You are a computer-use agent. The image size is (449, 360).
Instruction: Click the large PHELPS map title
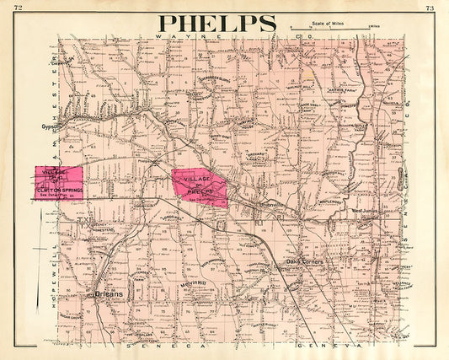click(217, 23)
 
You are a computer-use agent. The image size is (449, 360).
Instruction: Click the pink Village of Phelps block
click(200, 186)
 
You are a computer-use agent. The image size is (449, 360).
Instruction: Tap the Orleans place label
click(109, 294)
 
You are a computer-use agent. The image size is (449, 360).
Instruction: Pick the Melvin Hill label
click(192, 284)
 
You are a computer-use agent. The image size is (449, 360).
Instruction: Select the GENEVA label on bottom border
click(331, 346)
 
